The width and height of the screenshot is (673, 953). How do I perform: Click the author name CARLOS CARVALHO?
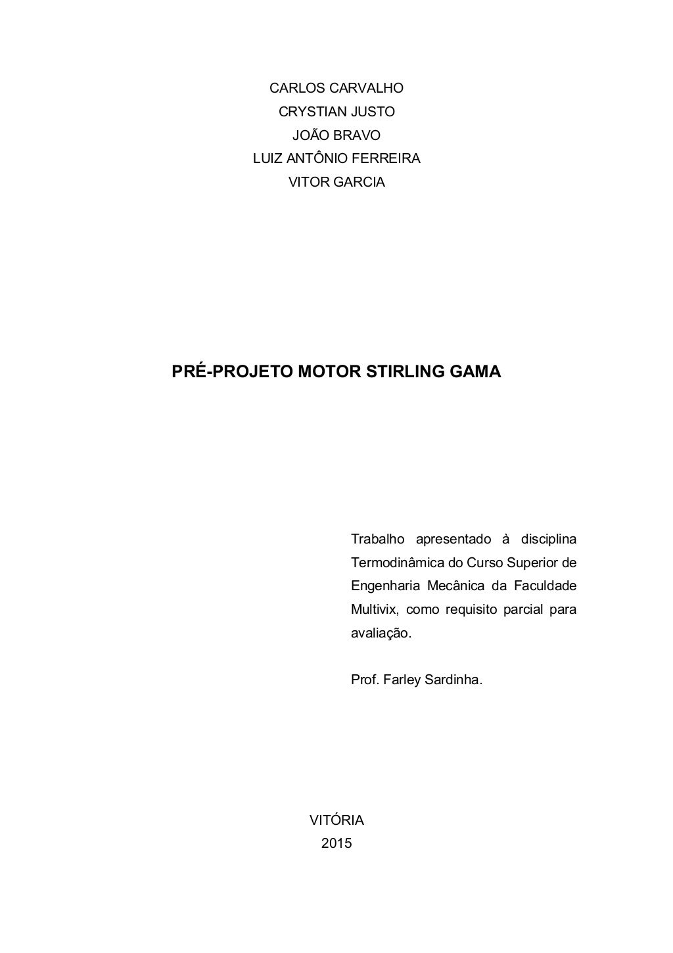336,88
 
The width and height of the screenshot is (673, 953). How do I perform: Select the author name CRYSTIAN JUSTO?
336,112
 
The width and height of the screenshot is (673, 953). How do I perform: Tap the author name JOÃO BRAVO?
336,135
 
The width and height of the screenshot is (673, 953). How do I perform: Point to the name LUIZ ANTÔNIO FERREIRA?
336,158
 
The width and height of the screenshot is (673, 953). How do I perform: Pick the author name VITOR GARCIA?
336,182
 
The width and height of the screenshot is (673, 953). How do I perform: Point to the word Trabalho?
377,540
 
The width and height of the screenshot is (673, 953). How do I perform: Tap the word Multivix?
373,610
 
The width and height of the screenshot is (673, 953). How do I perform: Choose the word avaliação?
381,634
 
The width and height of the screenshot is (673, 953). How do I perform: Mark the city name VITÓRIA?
336,820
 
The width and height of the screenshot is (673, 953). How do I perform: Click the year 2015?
336,844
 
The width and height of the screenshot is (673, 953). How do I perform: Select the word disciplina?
548,540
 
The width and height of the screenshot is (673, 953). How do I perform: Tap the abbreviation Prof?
364,680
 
